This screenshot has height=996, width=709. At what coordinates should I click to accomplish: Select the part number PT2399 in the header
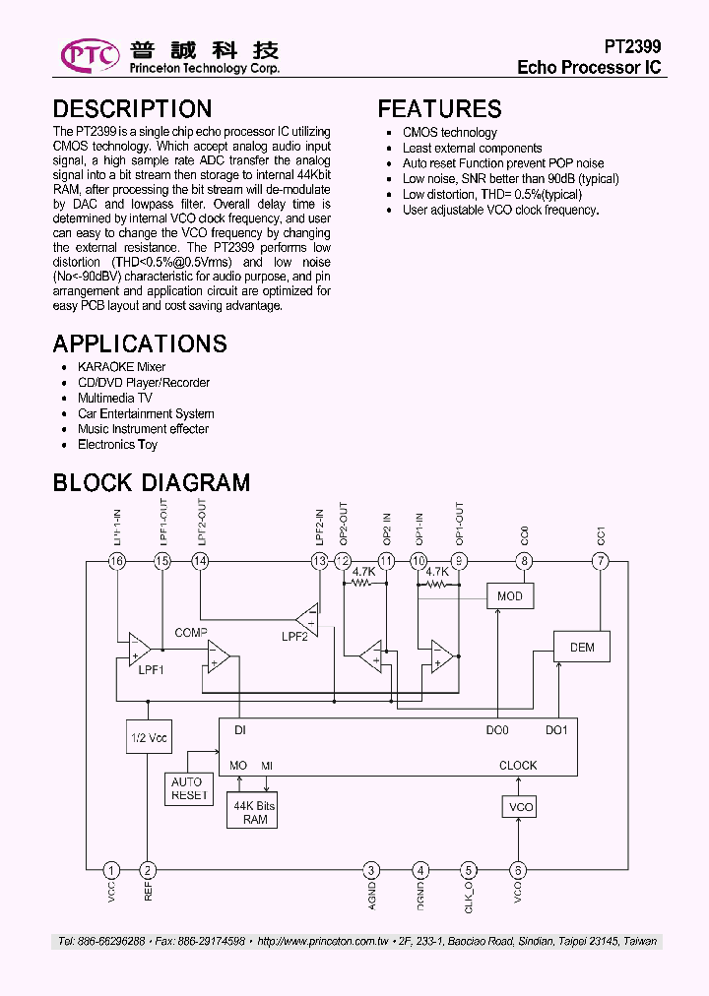pyautogui.click(x=632, y=46)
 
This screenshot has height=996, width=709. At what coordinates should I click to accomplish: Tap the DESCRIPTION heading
pyautogui.click(x=132, y=109)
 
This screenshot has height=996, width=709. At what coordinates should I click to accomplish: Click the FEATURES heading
pyautogui.click(x=439, y=109)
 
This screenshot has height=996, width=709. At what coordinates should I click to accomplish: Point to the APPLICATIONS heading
pyautogui.click(x=140, y=343)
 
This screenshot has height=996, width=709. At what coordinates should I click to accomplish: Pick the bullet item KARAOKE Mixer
pyautogui.click(x=121, y=367)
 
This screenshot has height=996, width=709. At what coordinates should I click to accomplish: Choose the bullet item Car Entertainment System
pyautogui.click(x=146, y=413)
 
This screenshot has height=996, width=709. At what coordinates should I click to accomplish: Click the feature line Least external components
pyautogui.click(x=472, y=148)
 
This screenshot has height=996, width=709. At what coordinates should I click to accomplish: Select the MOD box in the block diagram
pyautogui.click(x=510, y=596)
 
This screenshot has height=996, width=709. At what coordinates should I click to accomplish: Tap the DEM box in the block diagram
pyautogui.click(x=582, y=647)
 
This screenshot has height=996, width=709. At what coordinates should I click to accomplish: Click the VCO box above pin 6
pyautogui.click(x=519, y=807)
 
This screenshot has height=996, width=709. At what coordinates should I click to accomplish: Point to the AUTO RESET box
pyautogui.click(x=189, y=788)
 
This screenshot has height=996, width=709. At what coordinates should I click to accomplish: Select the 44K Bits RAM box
pyautogui.click(x=254, y=812)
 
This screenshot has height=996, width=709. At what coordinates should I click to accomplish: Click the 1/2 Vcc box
pyautogui.click(x=149, y=736)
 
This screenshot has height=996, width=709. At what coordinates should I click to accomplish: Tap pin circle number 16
pyautogui.click(x=117, y=561)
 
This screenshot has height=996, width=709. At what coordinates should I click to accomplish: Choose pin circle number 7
pyautogui.click(x=601, y=561)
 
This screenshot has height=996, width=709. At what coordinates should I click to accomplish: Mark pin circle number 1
pyautogui.click(x=112, y=870)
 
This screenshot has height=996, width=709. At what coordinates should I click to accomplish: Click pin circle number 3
pyautogui.click(x=371, y=870)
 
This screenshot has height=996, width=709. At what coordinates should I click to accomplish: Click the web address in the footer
pyautogui.click(x=322, y=942)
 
